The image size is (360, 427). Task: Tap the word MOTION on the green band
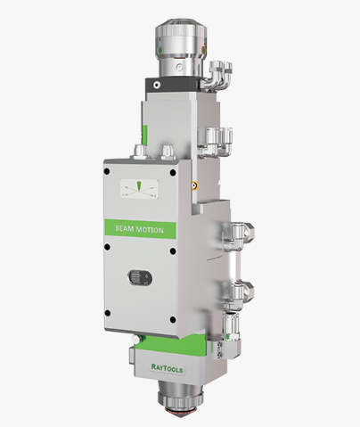pos(150,230)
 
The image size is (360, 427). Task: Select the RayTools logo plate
pos(167,368)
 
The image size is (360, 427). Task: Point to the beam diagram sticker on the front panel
pos(139,189)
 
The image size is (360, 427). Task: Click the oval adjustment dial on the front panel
pos(140,277)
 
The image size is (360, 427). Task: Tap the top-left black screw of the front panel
pos(107,171)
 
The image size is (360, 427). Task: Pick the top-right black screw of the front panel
pos(173,173)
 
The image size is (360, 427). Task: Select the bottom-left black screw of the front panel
pos(108,313)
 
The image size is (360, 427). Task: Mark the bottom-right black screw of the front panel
pos(173,320)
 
